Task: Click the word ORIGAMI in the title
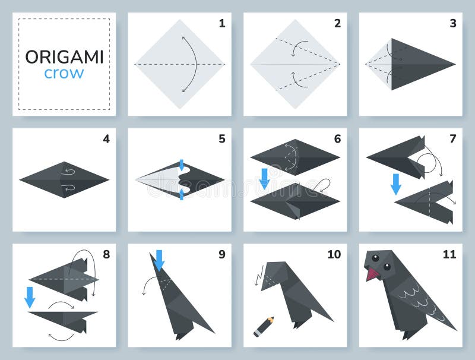pyautogui.click(x=64, y=57)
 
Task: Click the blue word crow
pyautogui.click(x=64, y=74)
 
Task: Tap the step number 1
pyautogui.click(x=221, y=24)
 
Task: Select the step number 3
pyautogui.click(x=452, y=24)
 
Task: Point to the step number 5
pyautogui.click(x=221, y=139)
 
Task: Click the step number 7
pyautogui.click(x=452, y=139)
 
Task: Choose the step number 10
pyautogui.click(x=334, y=254)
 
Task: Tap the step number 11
pyautogui.click(x=449, y=254)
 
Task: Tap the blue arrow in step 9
pyautogui.click(x=159, y=260)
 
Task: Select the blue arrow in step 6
pyautogui.click(x=264, y=178)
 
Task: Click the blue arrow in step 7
pyautogui.click(x=396, y=184)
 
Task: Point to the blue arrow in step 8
pyautogui.click(x=30, y=297)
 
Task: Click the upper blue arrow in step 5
pyautogui.click(x=182, y=165)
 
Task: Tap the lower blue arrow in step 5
pyautogui.click(x=182, y=193)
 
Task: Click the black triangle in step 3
pyautogui.click(x=419, y=64)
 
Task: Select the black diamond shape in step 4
pyautogui.click(x=64, y=179)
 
